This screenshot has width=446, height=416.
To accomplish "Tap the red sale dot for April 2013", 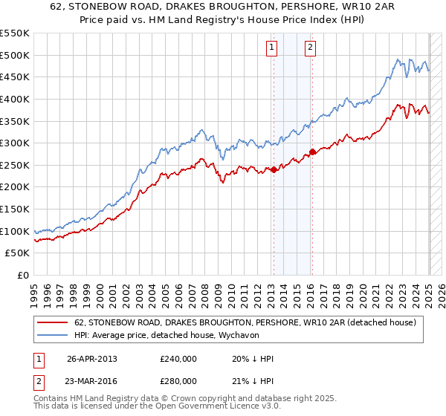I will point(274,169).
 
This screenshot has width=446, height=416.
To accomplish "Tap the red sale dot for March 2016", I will point(312,152).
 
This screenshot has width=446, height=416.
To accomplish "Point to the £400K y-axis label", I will point(15,99).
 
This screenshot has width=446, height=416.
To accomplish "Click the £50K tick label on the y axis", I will point(18,253).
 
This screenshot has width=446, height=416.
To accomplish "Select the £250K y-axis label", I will point(15,165).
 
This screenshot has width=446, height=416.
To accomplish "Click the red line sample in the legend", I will point(54,322).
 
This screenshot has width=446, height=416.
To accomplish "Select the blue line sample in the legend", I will point(54,335).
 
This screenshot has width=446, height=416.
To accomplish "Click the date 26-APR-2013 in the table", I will point(92,360).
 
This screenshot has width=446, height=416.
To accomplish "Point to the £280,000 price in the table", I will point(178,381).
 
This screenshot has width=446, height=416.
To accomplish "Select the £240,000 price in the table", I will point(178,360).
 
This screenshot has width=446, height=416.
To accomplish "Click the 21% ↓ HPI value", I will point(253,381).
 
